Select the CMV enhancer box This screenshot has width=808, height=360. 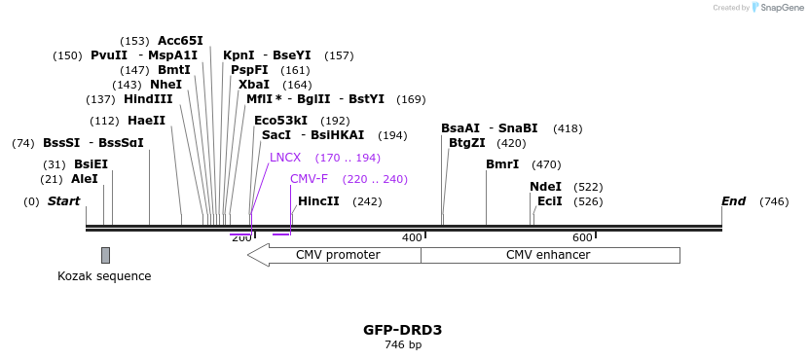(549, 255)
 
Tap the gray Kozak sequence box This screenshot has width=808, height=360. (105, 255)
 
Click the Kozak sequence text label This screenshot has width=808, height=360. (104, 276)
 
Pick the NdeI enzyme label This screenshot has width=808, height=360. (545, 187)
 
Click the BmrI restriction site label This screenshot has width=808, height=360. (502, 164)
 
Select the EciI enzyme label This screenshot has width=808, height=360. (549, 201)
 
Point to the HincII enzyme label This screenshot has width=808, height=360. (318, 201)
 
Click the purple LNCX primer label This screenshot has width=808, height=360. (285, 158)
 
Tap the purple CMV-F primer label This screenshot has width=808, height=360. (309, 179)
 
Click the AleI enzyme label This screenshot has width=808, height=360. (84, 179)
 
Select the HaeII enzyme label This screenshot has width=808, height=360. (146, 121)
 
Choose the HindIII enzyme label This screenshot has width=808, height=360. (148, 99)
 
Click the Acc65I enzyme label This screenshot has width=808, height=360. (180, 41)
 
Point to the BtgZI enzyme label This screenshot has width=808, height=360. (466, 143)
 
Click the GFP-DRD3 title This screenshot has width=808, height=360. (403, 330)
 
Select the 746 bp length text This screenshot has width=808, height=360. (403, 345)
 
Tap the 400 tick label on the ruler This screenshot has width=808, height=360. (412, 237)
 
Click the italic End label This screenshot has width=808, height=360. (733, 201)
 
